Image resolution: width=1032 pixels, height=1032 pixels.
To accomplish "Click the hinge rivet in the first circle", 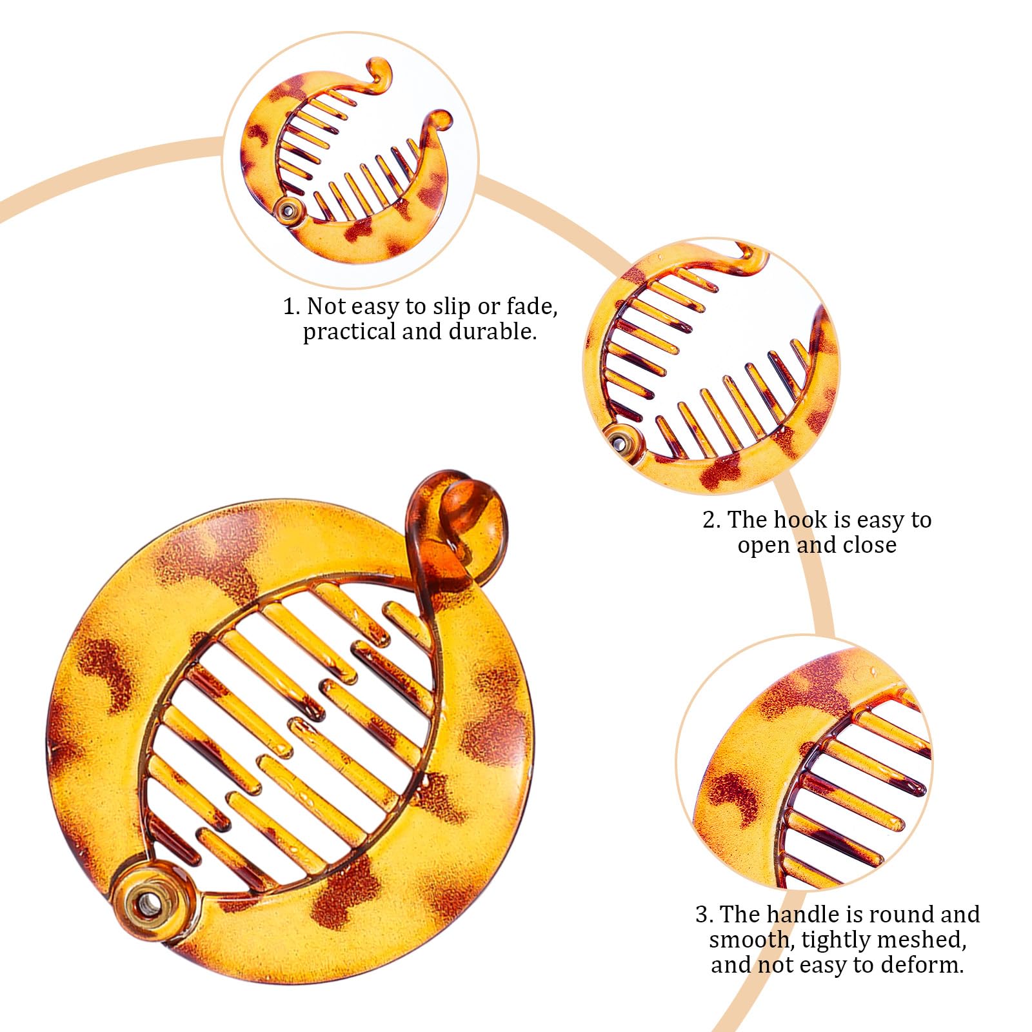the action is click(x=288, y=211).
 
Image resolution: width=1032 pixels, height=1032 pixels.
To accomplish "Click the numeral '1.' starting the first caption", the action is click(x=292, y=307).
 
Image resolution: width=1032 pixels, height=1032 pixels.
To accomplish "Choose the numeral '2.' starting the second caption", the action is click(x=711, y=520).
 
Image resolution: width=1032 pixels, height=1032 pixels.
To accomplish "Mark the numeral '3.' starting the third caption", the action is click(x=704, y=915).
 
